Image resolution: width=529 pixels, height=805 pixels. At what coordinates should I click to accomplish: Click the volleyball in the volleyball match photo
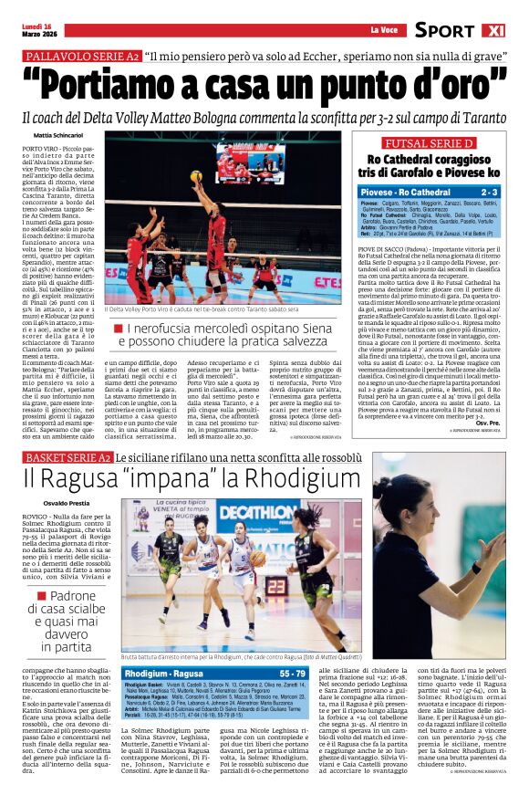point(195,175)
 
